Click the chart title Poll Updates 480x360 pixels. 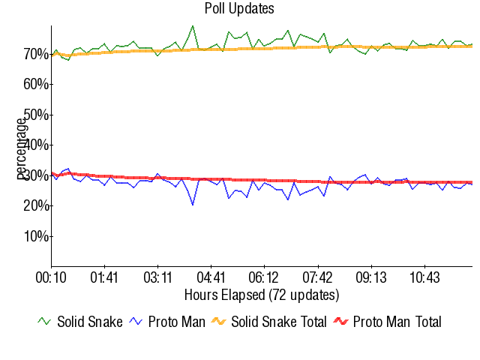point(239,9)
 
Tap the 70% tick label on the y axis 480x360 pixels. point(36,54)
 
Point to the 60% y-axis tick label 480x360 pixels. point(36,84)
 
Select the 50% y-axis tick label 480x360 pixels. point(36,115)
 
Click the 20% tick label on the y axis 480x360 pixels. point(36,205)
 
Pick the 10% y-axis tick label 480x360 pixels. point(36,236)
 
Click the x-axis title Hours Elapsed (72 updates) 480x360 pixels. point(262,294)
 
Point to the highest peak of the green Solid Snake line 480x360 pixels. point(193,25)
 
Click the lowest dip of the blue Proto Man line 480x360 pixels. point(193,205)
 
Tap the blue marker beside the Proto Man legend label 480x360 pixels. point(136,321)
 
